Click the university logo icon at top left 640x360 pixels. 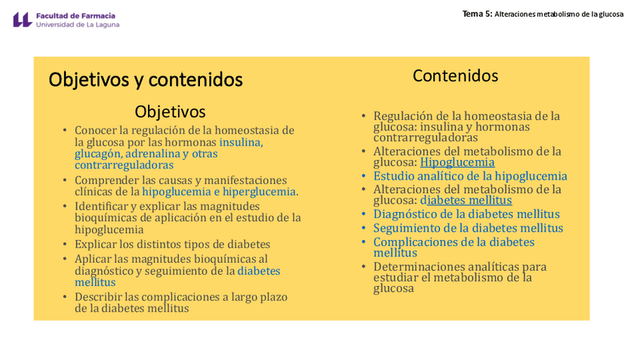click(x=22, y=20)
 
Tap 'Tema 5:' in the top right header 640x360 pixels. click(x=477, y=14)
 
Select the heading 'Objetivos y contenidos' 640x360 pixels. click(x=146, y=79)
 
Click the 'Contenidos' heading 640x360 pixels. click(x=455, y=75)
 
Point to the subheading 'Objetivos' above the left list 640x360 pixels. click(x=170, y=112)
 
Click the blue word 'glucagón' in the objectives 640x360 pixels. click(x=97, y=154)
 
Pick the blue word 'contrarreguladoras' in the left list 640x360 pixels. click(x=124, y=165)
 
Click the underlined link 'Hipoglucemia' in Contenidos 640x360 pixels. click(x=457, y=162)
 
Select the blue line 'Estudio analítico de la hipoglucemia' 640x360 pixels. click(x=470, y=177)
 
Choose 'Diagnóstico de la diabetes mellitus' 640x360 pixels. click(x=466, y=214)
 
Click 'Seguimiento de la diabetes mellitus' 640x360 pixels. click(x=468, y=228)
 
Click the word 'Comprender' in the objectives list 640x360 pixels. click(x=105, y=180)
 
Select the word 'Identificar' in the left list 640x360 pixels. click(x=102, y=206)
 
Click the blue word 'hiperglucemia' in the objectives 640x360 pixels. click(x=259, y=192)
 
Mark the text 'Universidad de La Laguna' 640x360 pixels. click(x=78, y=24)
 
